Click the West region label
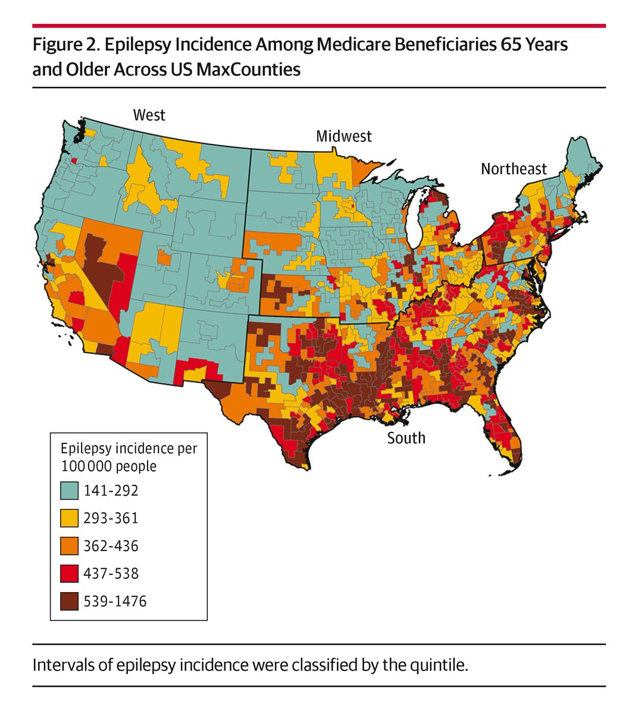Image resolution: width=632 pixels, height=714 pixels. (149, 114)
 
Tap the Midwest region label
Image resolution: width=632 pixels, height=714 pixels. (343, 136)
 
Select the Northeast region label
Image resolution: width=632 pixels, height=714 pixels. (513, 169)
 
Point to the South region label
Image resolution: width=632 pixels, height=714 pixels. (406, 439)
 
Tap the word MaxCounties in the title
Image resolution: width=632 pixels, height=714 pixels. (248, 70)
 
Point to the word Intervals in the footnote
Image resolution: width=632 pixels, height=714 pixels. (60, 665)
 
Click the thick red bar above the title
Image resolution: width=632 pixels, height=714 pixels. (318, 26)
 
